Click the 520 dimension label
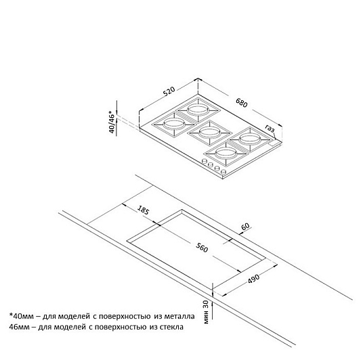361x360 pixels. (x=169, y=91)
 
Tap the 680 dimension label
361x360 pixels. (x=242, y=103)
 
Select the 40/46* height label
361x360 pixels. (x=112, y=122)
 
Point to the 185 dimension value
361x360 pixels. (x=144, y=210)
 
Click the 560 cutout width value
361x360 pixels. (x=202, y=247)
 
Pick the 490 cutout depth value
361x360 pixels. (x=254, y=278)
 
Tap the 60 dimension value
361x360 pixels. (x=246, y=226)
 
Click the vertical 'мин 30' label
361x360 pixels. (x=206, y=312)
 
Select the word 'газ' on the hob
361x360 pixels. (x=270, y=129)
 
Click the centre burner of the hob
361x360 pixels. (x=210, y=132)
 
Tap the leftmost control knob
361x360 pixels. (x=204, y=161)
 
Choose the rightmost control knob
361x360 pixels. (x=223, y=172)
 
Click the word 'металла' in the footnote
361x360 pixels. (x=179, y=316)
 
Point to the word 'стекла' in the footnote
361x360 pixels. (x=171, y=327)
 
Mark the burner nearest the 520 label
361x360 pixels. (x=198, y=109)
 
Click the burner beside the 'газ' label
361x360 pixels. (x=249, y=139)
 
